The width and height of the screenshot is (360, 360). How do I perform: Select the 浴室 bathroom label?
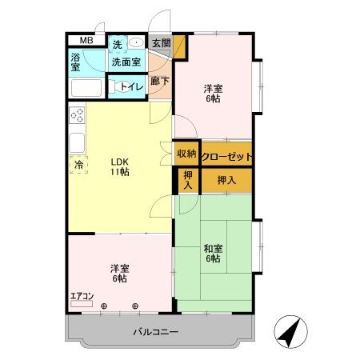pyautogui.click(x=75, y=62)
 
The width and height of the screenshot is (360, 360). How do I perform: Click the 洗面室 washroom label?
pyautogui.click(x=126, y=62)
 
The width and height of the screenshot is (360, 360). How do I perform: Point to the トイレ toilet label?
pyautogui.click(x=132, y=86)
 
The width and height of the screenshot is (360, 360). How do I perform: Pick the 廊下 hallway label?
pyautogui.click(x=158, y=81)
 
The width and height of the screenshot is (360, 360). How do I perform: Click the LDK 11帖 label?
pyautogui.click(x=120, y=166)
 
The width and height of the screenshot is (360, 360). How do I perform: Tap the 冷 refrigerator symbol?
pyautogui.click(x=78, y=165)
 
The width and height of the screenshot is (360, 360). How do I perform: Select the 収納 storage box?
pyautogui.click(x=186, y=154)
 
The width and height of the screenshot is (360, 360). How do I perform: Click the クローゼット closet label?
pyautogui.click(x=226, y=156)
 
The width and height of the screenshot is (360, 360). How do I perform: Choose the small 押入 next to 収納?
pyautogui.click(x=187, y=180)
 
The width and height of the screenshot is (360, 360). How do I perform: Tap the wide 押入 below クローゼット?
pyautogui.click(x=226, y=180)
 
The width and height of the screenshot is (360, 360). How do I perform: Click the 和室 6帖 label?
pyautogui.click(x=212, y=253)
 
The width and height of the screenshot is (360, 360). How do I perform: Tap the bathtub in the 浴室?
pyautogui.click(x=85, y=88)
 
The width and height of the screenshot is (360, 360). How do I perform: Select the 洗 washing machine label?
pyautogui.click(x=117, y=45)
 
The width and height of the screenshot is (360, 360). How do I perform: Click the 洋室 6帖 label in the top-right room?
pyautogui.click(x=211, y=94)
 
